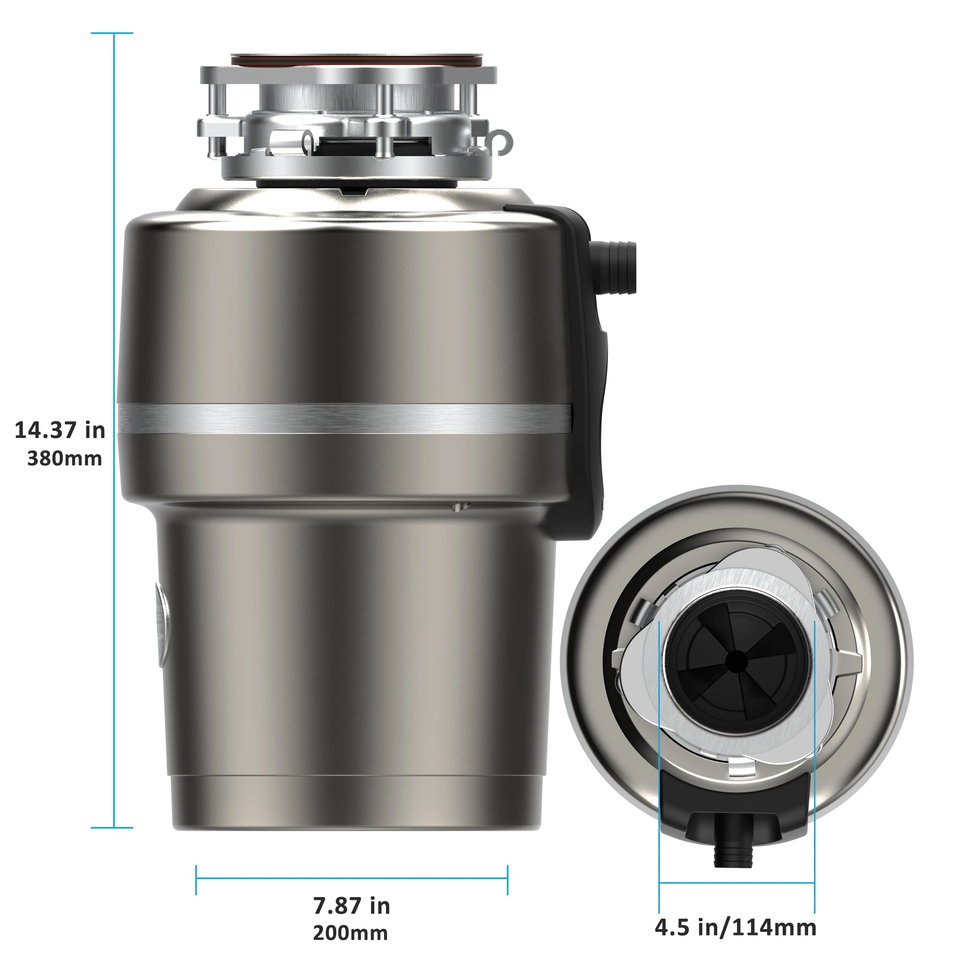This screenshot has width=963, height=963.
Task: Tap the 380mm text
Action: (64, 458)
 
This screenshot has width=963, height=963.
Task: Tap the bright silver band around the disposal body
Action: (344, 418)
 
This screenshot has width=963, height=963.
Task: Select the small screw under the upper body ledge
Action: (460, 507)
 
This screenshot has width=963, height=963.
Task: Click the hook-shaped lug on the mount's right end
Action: (502, 141)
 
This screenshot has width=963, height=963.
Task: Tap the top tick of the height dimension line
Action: (112, 34)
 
